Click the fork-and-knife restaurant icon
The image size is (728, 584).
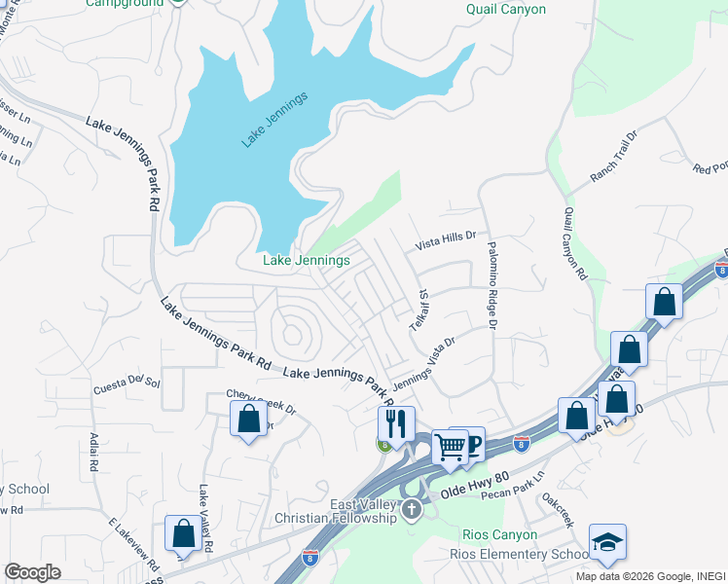click(396, 423)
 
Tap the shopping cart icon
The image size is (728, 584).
click(451, 447)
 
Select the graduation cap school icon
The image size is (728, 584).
click(607, 542)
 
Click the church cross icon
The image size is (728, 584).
click(412, 509)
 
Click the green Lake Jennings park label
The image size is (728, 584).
click(307, 261)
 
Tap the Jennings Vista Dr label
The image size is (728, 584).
click(424, 364)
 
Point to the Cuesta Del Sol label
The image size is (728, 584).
click(127, 384)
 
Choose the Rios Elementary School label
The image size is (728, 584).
click(516, 555)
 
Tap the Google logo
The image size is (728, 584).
click(33, 572)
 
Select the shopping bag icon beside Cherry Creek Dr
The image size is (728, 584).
click(248, 419)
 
